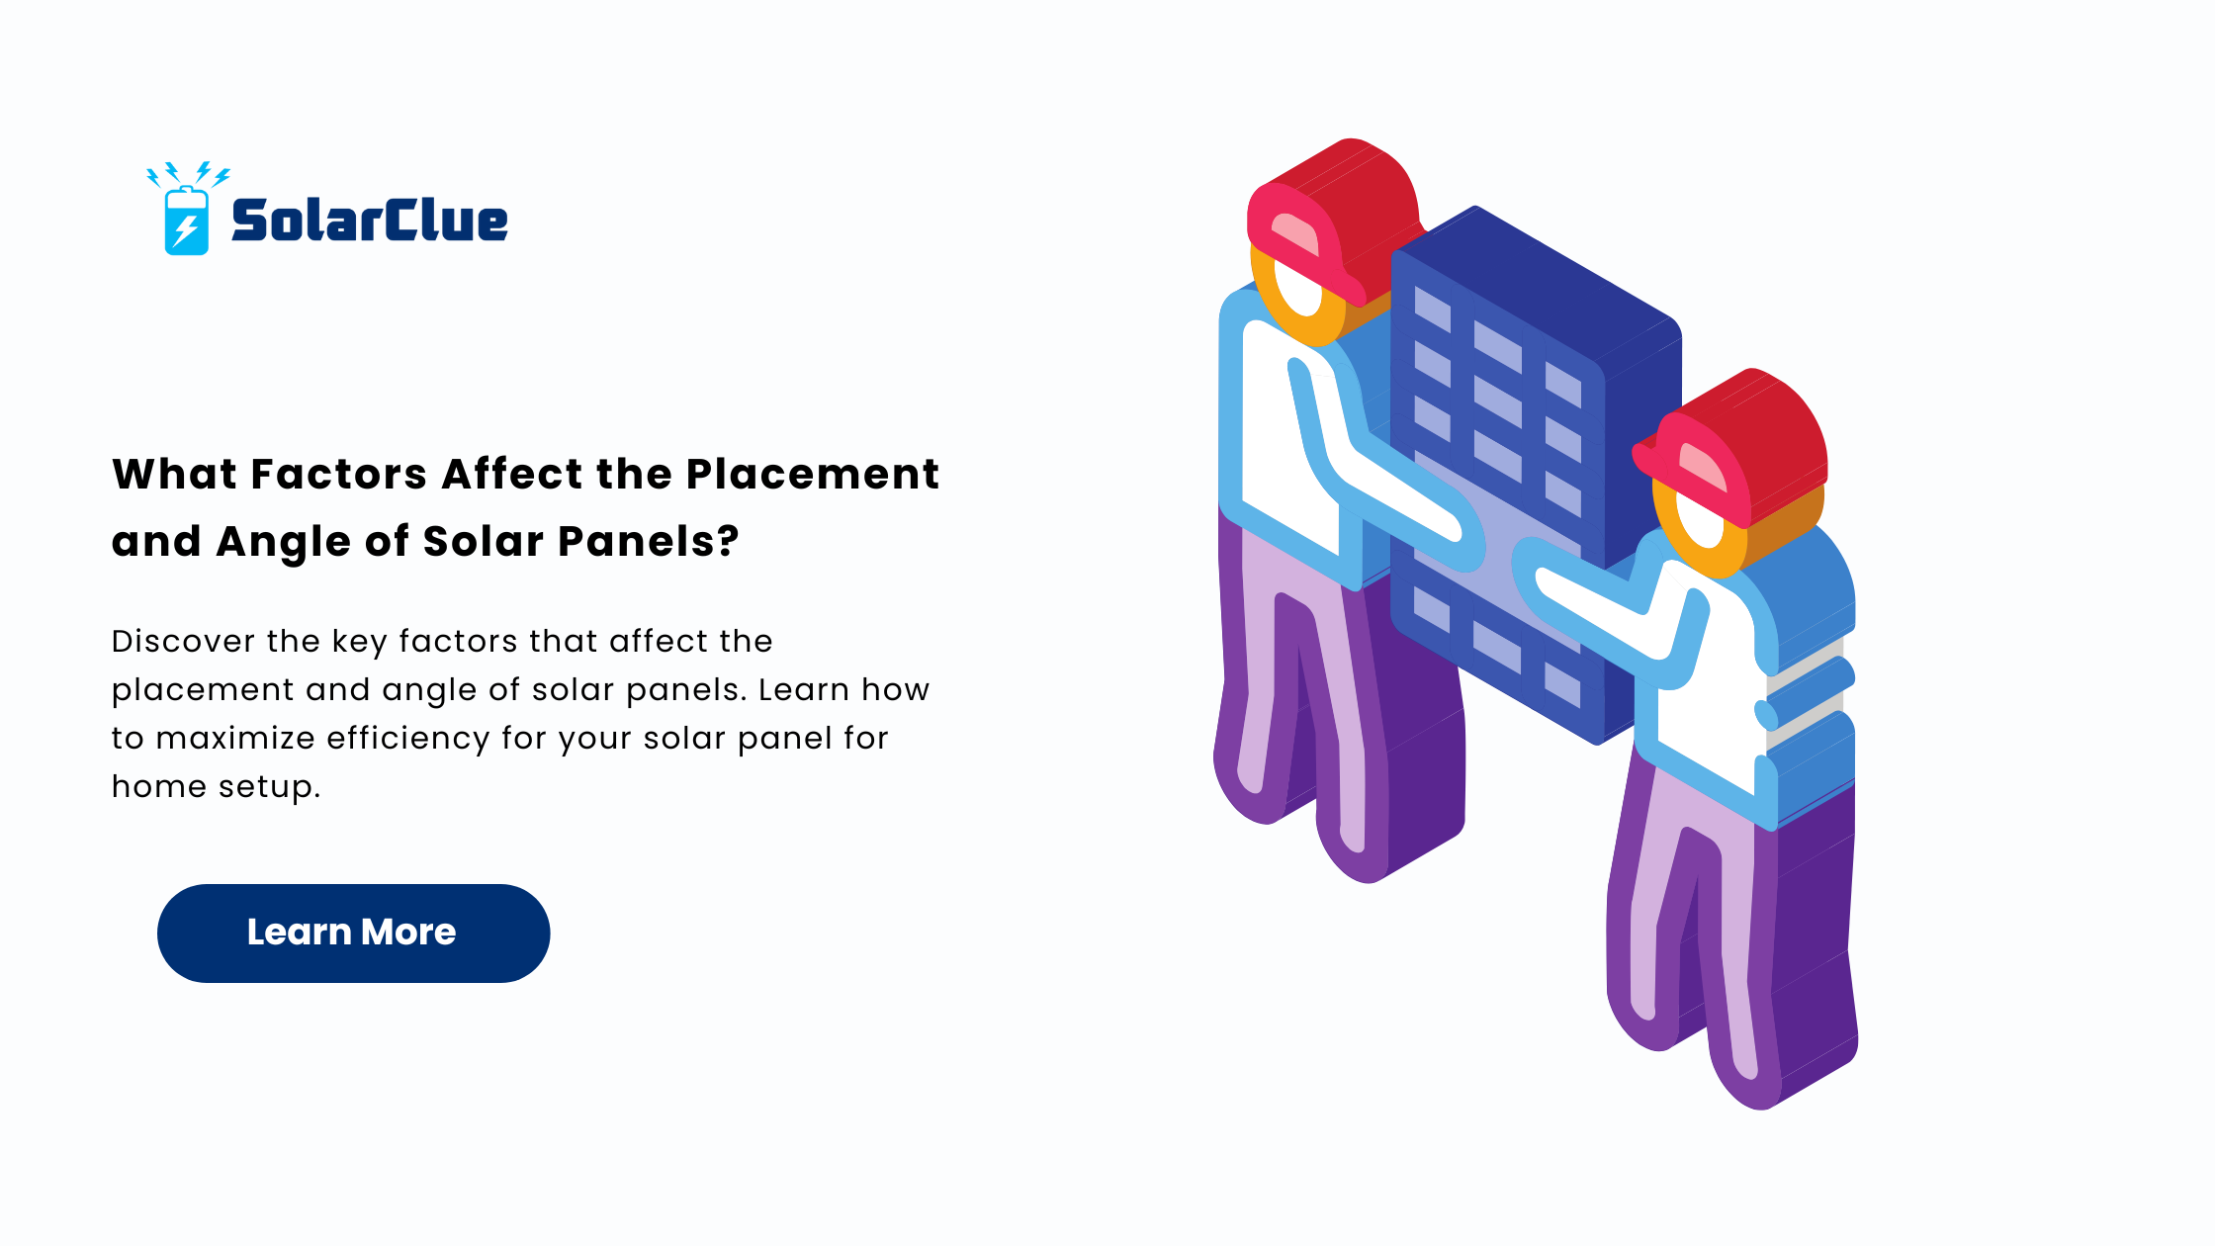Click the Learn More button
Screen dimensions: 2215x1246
pyautogui.click(x=353, y=933)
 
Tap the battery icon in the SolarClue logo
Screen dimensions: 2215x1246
pyautogui.click(x=186, y=221)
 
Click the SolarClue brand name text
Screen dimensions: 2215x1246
pyautogui.click(x=369, y=220)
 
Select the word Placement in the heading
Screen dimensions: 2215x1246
pyautogui.click(x=812, y=475)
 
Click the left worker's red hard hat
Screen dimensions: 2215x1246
pyautogui.click(x=1335, y=221)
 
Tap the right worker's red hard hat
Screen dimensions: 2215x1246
pyautogui.click(x=1732, y=447)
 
